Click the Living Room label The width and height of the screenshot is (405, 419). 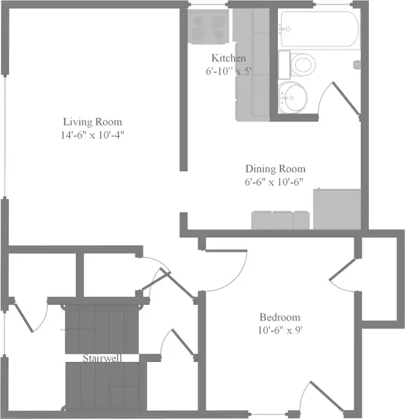[x=92, y=122]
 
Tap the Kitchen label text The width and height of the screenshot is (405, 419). [x=228, y=58]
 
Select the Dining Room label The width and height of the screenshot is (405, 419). [x=275, y=169]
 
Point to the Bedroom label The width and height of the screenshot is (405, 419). [x=280, y=317]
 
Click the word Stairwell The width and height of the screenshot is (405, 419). [x=102, y=358]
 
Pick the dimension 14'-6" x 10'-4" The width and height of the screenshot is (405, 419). [x=92, y=135]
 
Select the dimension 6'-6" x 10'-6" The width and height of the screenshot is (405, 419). [x=274, y=182]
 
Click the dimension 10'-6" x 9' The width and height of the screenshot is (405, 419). [x=280, y=330]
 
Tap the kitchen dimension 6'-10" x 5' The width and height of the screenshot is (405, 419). [x=228, y=71]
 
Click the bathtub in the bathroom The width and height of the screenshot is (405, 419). [x=320, y=29]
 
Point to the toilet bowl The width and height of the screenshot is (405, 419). [x=302, y=65]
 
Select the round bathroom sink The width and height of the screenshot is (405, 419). [x=293, y=97]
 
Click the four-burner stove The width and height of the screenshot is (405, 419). [x=208, y=27]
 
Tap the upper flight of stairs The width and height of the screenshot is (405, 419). [x=102, y=329]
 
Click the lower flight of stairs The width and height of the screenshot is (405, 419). [x=106, y=386]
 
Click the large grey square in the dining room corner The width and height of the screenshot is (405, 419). [x=337, y=209]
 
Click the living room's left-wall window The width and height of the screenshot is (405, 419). [x=5, y=136]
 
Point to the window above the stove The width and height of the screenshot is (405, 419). [x=208, y=4]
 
